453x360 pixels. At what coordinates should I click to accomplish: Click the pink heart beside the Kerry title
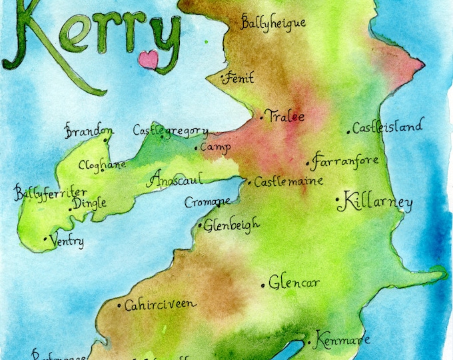[x=148, y=59]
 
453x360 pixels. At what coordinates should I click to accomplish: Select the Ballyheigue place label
[x=273, y=23]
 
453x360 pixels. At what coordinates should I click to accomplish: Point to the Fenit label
[x=240, y=78]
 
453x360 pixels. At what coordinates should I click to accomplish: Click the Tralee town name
[x=284, y=117]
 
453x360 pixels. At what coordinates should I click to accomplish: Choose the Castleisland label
[x=387, y=127]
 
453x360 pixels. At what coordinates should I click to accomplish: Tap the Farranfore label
[x=346, y=161]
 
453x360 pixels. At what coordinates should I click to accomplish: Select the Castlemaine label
[x=289, y=181]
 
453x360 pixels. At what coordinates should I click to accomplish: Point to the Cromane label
[x=207, y=201]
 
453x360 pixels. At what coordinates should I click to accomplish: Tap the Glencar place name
[x=294, y=283]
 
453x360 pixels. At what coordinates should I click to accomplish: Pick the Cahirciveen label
[x=160, y=304]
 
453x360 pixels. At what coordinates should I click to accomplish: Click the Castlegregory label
[x=171, y=130]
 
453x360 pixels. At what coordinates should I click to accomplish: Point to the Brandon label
[x=89, y=131]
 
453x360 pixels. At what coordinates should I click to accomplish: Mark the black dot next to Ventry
[x=45, y=238]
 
